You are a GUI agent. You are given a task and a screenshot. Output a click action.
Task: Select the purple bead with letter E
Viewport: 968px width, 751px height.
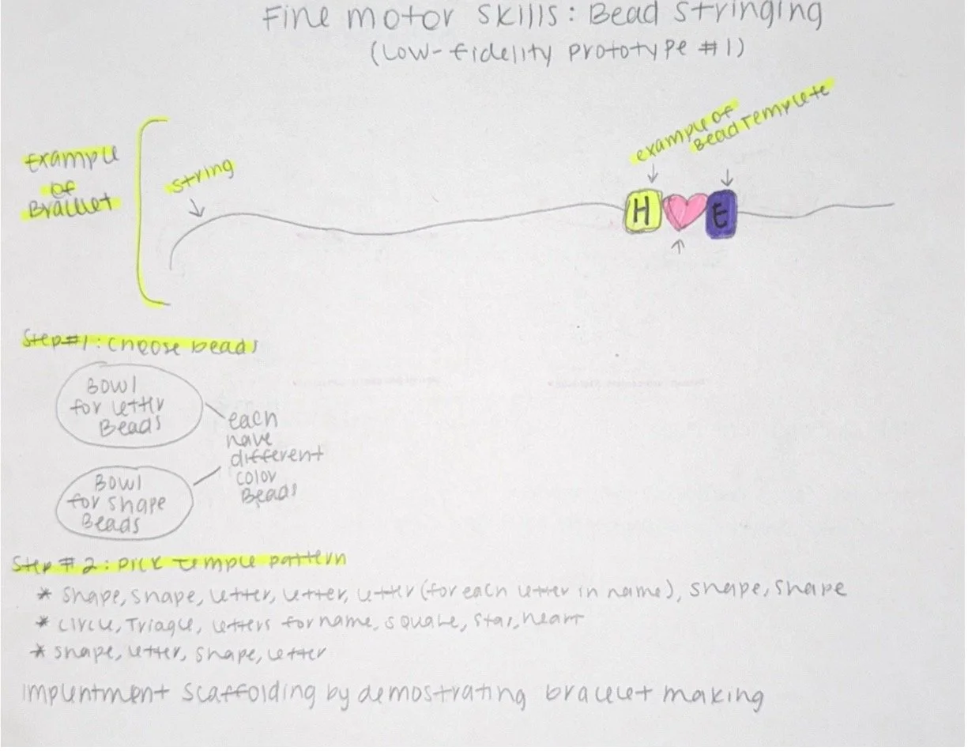click(x=721, y=213)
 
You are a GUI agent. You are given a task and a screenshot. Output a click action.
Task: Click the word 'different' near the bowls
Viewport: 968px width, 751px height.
click(x=277, y=457)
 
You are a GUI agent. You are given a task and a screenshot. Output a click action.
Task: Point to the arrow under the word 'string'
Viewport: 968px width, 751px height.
click(x=197, y=209)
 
